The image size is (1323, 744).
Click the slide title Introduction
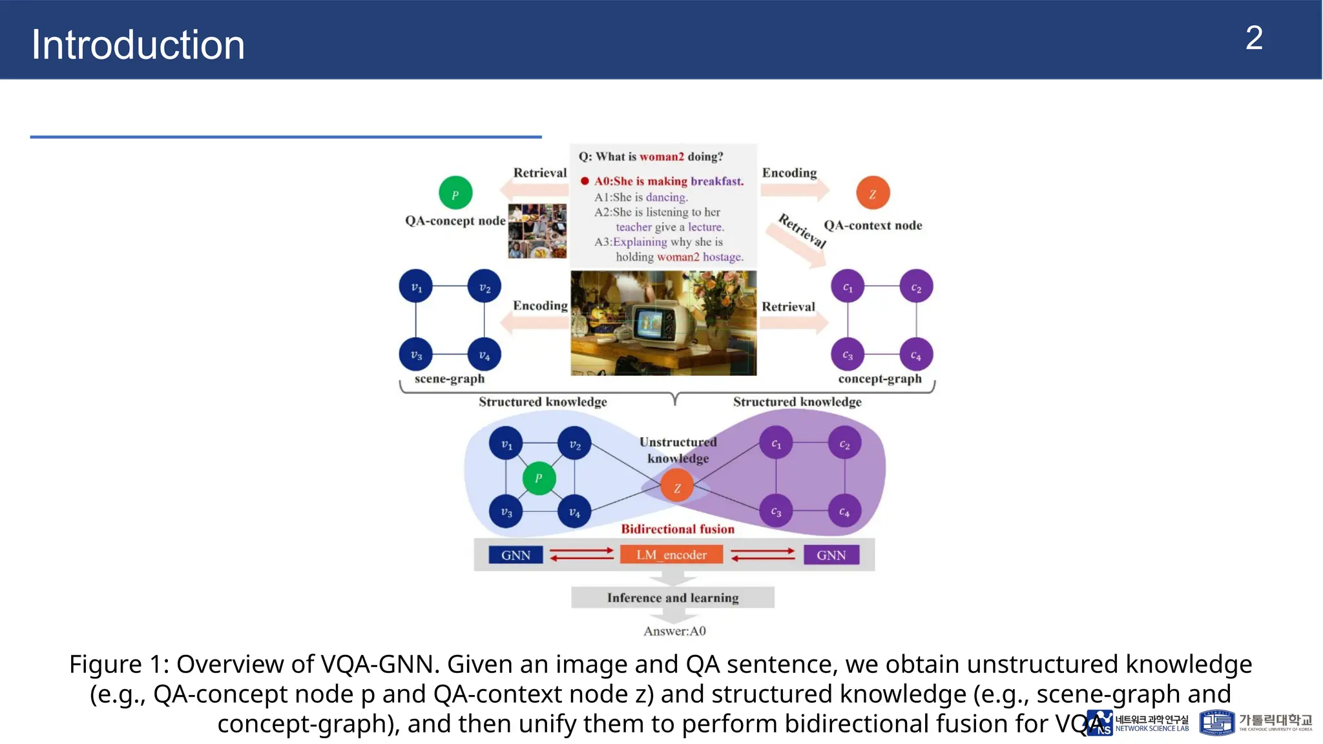click(x=138, y=45)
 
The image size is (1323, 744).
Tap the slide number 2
click(x=1253, y=39)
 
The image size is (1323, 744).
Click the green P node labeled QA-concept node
click(x=455, y=193)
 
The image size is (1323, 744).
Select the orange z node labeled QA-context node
click(x=873, y=193)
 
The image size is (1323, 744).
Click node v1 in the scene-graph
click(x=416, y=287)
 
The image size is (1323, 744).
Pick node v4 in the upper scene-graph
click(x=484, y=355)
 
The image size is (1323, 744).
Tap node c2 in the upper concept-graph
click(x=916, y=287)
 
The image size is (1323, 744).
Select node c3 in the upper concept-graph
click(x=848, y=355)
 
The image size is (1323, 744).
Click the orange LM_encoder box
click(x=671, y=555)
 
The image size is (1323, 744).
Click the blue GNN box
click(x=516, y=555)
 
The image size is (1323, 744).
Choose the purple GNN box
click(x=831, y=555)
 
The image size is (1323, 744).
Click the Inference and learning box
click(x=672, y=597)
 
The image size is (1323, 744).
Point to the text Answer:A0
click(x=674, y=631)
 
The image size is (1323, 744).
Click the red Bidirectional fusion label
click(x=678, y=529)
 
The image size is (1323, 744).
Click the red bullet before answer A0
click(x=585, y=181)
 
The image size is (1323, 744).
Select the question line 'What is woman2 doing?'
click(x=651, y=156)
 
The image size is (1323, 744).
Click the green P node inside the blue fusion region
click(x=539, y=479)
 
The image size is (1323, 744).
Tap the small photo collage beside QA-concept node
click(x=537, y=231)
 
